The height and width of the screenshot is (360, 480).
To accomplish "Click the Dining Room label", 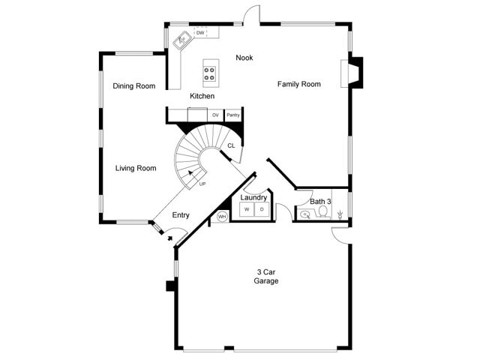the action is click(134, 86).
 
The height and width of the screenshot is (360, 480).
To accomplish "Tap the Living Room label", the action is click(136, 168).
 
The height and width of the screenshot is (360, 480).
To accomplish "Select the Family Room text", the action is click(299, 84).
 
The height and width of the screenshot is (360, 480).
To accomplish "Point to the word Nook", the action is click(244, 58).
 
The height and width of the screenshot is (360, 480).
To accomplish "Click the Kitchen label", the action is click(202, 96).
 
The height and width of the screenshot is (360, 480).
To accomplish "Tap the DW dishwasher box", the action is click(200, 33).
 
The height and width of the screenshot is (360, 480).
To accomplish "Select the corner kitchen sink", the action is click(182, 40).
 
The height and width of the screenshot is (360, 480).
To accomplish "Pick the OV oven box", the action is click(215, 115).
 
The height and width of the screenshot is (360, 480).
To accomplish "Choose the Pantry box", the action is click(233, 115).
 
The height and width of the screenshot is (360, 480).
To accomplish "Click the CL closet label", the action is click(231, 146).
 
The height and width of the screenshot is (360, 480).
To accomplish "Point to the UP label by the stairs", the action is click(202, 184).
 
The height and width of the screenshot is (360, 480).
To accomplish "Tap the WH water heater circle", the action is click(222, 217).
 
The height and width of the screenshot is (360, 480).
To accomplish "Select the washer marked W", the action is click(247, 210).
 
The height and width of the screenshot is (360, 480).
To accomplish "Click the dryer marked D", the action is click(262, 210).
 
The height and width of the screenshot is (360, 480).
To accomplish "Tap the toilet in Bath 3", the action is click(322, 211).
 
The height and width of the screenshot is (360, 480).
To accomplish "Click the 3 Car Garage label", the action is click(266, 277).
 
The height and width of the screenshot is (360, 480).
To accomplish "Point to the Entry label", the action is click(181, 215).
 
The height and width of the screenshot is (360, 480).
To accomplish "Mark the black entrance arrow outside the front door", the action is click(170, 238).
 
